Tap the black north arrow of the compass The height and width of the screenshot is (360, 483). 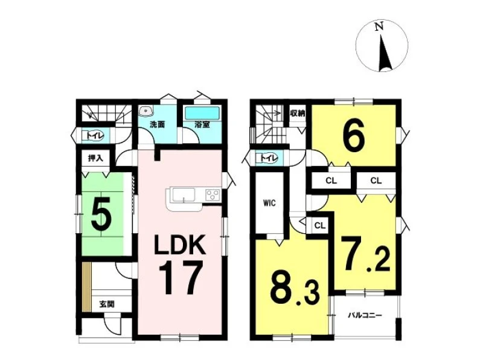tap(385, 53)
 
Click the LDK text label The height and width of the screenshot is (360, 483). tap(180, 244)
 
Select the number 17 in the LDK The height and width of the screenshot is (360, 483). tap(181, 278)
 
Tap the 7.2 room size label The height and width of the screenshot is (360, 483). tap(366, 253)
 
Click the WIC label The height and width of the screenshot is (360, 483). tap(269, 204)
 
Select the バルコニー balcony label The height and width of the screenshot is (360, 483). tap(365, 316)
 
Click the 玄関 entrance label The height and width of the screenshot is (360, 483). tap(107, 304)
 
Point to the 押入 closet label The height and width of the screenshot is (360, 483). tap(95, 158)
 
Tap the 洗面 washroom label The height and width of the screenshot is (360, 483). tap(158, 124)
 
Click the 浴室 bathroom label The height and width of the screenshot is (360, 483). tap(202, 124)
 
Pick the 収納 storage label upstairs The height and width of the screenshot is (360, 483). tap(298, 113)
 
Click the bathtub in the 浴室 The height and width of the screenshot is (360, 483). tap(202, 113)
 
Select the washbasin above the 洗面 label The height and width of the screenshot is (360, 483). tap(146, 111)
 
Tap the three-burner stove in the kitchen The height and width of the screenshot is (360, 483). tap(213, 194)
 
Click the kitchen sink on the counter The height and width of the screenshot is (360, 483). tap(184, 195)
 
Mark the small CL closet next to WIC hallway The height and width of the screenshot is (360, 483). tap(320, 225)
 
